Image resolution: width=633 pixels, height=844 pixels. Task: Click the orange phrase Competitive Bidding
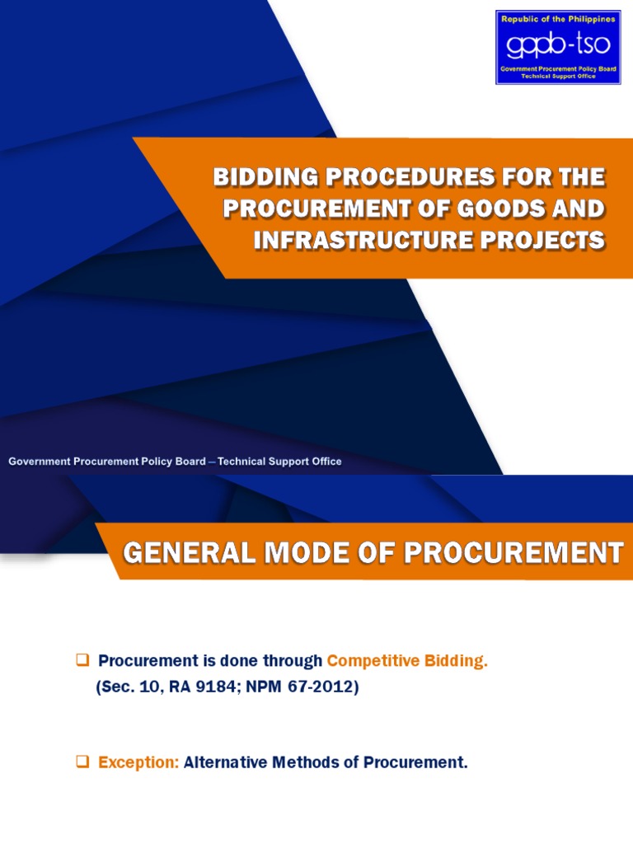407,662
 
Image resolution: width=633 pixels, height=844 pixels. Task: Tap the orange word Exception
138,762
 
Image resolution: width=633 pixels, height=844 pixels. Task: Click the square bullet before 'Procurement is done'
82,661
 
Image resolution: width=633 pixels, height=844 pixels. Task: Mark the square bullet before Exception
82,762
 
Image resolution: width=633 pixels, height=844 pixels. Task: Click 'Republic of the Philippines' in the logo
557,18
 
